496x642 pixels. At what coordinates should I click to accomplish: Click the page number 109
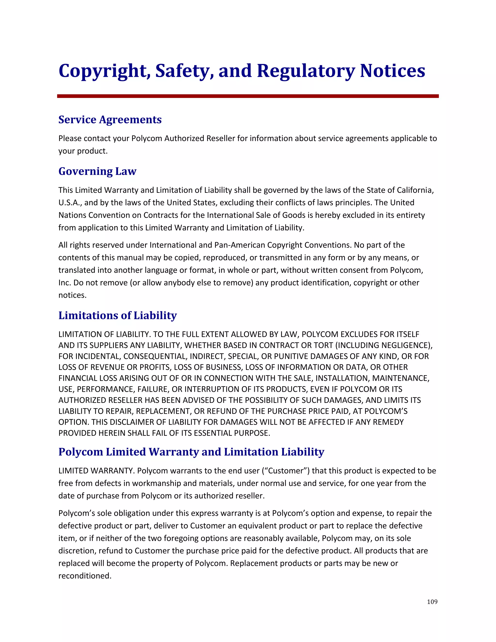point(432,602)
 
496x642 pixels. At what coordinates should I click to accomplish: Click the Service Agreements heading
point(110,120)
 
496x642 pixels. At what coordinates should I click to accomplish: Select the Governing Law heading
point(97,171)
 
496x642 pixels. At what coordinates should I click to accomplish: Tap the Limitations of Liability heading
point(117,315)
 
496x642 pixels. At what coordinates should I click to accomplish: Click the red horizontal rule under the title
point(248,96)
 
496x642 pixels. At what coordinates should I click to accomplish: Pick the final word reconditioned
point(85,576)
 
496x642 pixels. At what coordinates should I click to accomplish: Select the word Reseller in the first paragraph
point(217,138)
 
